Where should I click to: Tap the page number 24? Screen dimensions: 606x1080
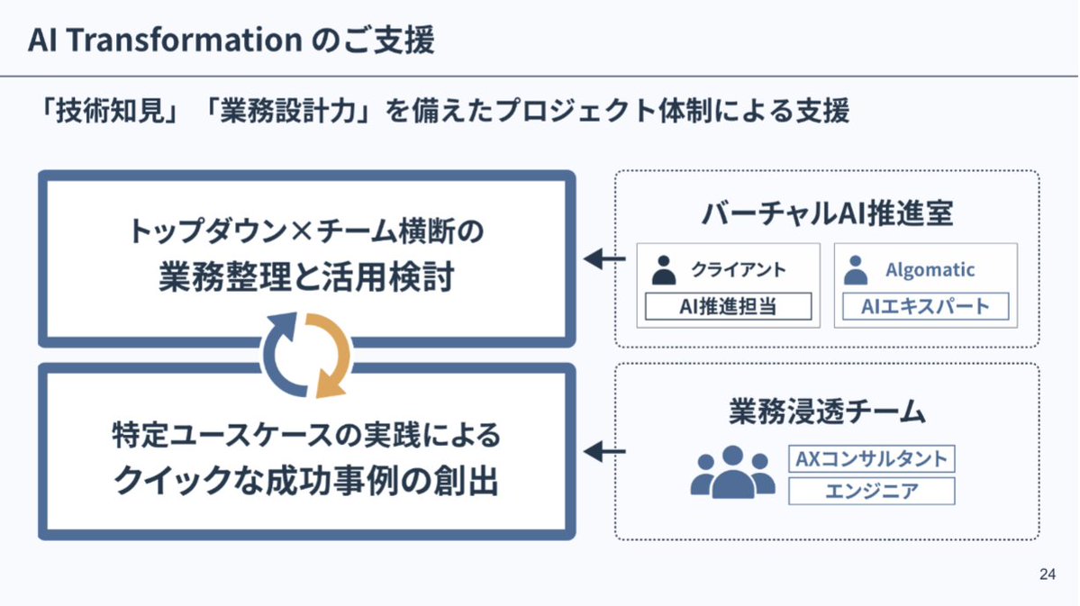[x=1047, y=574]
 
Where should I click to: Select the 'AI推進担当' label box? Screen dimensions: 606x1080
[x=728, y=307]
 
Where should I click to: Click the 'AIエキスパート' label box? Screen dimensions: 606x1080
[x=925, y=307]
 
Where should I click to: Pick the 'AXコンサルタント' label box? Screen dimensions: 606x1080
[x=871, y=459]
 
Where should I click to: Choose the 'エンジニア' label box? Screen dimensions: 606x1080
[x=871, y=491]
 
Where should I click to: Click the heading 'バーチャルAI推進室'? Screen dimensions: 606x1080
[x=827, y=214]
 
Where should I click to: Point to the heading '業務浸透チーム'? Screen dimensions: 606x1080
[x=827, y=411]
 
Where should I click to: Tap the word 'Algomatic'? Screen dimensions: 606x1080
[x=930, y=270]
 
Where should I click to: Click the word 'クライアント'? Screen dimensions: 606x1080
[x=739, y=270]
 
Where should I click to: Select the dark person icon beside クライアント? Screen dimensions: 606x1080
[x=665, y=270]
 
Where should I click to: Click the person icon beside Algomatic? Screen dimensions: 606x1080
[x=857, y=270]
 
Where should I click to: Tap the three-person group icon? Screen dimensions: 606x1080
[x=733, y=473]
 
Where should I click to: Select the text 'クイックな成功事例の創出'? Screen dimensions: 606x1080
[x=305, y=482]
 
